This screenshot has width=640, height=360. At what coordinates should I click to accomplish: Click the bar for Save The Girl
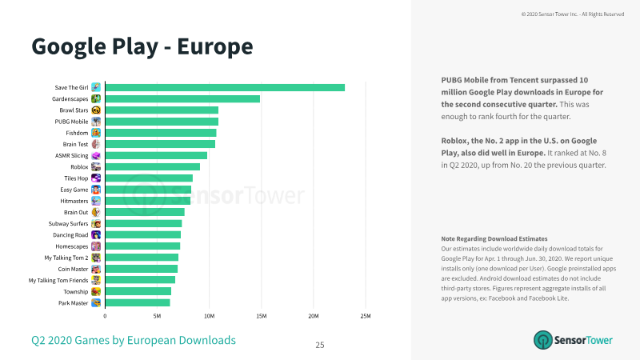[225, 88]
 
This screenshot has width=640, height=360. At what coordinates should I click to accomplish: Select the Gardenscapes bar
[182, 98]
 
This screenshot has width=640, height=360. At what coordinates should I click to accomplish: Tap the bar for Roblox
[153, 167]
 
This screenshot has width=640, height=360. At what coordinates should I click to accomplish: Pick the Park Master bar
[138, 303]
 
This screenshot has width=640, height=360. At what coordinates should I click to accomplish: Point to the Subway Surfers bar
[144, 224]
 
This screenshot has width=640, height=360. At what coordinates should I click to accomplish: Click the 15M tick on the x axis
[262, 316]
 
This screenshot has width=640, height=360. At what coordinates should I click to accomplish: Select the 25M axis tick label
[366, 316]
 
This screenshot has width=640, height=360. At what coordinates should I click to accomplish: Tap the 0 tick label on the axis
[105, 316]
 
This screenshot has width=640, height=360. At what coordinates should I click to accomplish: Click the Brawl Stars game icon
[96, 110]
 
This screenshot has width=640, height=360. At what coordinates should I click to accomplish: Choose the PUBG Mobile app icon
[96, 122]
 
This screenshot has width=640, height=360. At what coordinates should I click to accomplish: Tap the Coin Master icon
[96, 269]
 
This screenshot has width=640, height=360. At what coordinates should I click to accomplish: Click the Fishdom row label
[77, 133]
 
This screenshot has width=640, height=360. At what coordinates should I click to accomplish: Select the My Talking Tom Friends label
[58, 281]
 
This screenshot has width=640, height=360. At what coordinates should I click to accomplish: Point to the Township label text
[75, 292]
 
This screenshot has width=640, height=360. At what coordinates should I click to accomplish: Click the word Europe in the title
[215, 46]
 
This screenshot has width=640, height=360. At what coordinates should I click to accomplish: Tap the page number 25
[320, 345]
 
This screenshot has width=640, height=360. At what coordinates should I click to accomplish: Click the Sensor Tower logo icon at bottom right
[543, 340]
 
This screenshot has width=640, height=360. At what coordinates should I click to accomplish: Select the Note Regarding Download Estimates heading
[494, 238]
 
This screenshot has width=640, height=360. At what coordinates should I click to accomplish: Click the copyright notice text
[573, 14]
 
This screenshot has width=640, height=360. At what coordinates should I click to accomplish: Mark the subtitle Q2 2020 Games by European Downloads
[134, 341]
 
